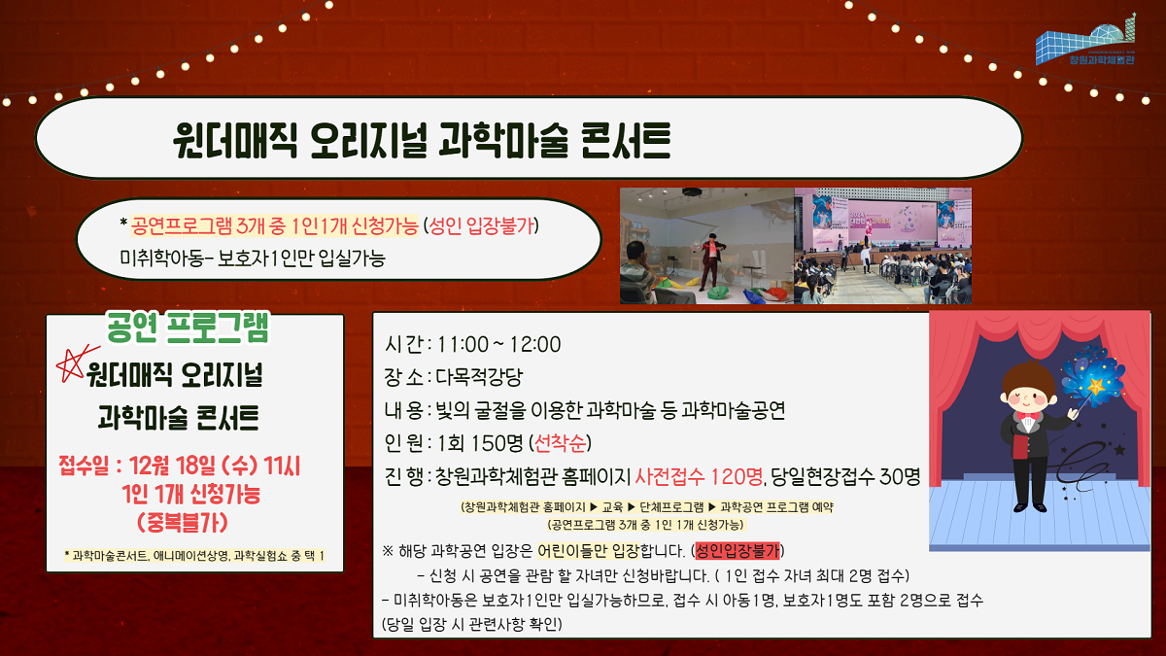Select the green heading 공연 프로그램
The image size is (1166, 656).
tap(188, 328)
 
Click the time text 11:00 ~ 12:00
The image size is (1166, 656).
tap(499, 344)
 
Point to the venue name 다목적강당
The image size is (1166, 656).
tap(479, 376)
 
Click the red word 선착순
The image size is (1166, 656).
tap(560, 443)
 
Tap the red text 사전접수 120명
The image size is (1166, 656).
tap(699, 476)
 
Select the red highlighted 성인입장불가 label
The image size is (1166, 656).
tap(737, 550)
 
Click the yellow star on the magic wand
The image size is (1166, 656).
tap(1096, 386)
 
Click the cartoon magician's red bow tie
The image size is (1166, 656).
tap(1028, 417)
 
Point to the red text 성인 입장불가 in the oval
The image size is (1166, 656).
tap(482, 225)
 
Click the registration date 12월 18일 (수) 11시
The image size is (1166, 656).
tap(215, 466)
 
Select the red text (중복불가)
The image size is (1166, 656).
tap(183, 523)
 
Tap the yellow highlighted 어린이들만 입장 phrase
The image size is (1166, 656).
tap(588, 550)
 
